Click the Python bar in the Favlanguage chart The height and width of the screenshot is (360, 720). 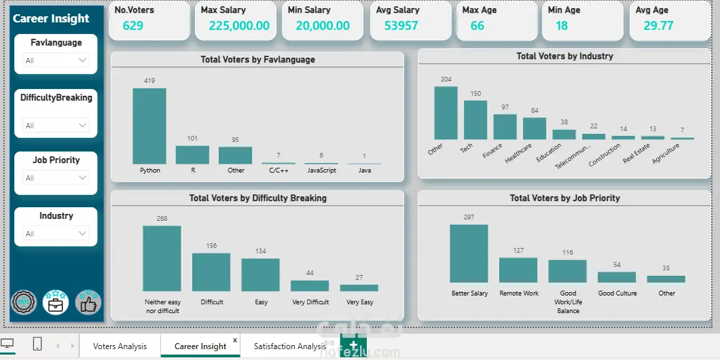(x=149, y=126)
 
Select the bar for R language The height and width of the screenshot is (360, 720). (x=192, y=155)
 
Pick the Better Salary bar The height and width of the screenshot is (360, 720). (x=469, y=253)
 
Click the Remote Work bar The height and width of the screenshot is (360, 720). (x=518, y=270)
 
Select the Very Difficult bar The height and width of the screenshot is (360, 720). (x=310, y=286)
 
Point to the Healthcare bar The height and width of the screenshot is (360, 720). (x=535, y=128)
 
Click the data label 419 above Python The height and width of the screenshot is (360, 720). (x=149, y=81)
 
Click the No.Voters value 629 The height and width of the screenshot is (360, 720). (x=133, y=26)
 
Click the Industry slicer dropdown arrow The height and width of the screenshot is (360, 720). (x=83, y=234)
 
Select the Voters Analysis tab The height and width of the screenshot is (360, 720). (x=120, y=346)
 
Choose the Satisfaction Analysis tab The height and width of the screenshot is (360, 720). (x=290, y=346)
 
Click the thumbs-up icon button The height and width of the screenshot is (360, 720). (x=88, y=303)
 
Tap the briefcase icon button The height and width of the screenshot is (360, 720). (x=56, y=303)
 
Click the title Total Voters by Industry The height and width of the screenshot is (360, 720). (x=564, y=56)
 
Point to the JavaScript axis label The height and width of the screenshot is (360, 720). (x=321, y=170)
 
